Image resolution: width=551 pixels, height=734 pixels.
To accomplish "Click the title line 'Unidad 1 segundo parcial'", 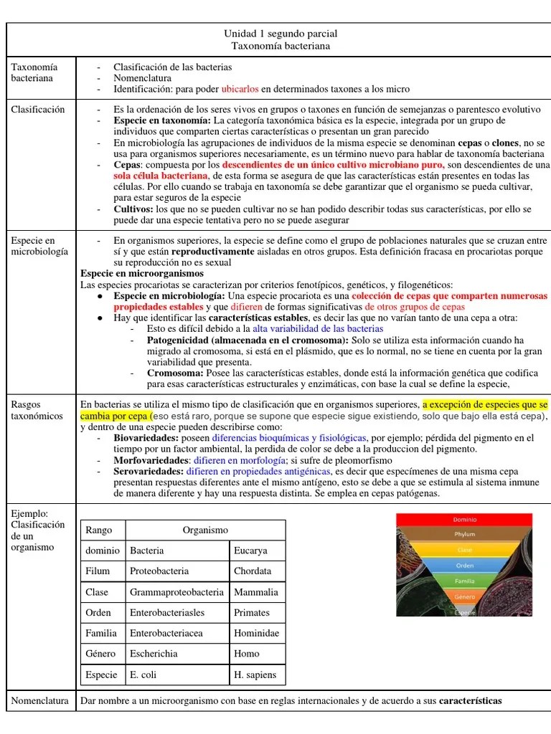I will coord(281,34).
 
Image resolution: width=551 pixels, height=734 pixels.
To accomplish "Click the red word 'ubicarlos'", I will coord(240,89).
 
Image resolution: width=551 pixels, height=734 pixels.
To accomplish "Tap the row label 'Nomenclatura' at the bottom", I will coord(40,700).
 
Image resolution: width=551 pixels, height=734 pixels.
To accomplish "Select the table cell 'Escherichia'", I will coord(154,654).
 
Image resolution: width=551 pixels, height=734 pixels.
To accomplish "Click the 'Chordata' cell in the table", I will coord(253,571).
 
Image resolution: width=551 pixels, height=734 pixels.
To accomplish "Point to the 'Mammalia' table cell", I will coord(255,592).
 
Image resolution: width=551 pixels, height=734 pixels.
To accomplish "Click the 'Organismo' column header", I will coord(205,530).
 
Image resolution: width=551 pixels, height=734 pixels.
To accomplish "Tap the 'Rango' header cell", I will coord(99,530).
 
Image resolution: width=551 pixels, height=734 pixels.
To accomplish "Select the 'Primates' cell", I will coord(252,613).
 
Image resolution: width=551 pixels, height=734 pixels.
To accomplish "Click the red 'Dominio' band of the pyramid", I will coord(464,520).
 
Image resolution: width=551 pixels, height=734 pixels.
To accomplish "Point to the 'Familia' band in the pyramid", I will coord(464,581).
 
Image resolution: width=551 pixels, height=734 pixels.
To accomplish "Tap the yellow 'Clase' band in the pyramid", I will coord(464,550).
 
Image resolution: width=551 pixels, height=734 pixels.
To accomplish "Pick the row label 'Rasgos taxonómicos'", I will coord(37,410).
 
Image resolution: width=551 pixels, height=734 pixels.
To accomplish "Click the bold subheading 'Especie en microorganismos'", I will coord(142,274).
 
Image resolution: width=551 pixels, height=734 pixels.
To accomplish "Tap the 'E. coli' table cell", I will coord(144,675).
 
